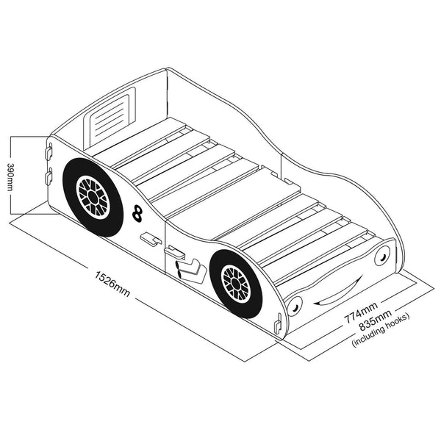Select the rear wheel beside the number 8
click(90, 196)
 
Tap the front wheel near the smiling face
click(237, 284)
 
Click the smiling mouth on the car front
click(337, 289)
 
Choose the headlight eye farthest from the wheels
click(381, 258)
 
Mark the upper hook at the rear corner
click(49, 151)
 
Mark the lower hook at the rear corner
click(49, 177)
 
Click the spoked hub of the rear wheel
click(93, 196)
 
